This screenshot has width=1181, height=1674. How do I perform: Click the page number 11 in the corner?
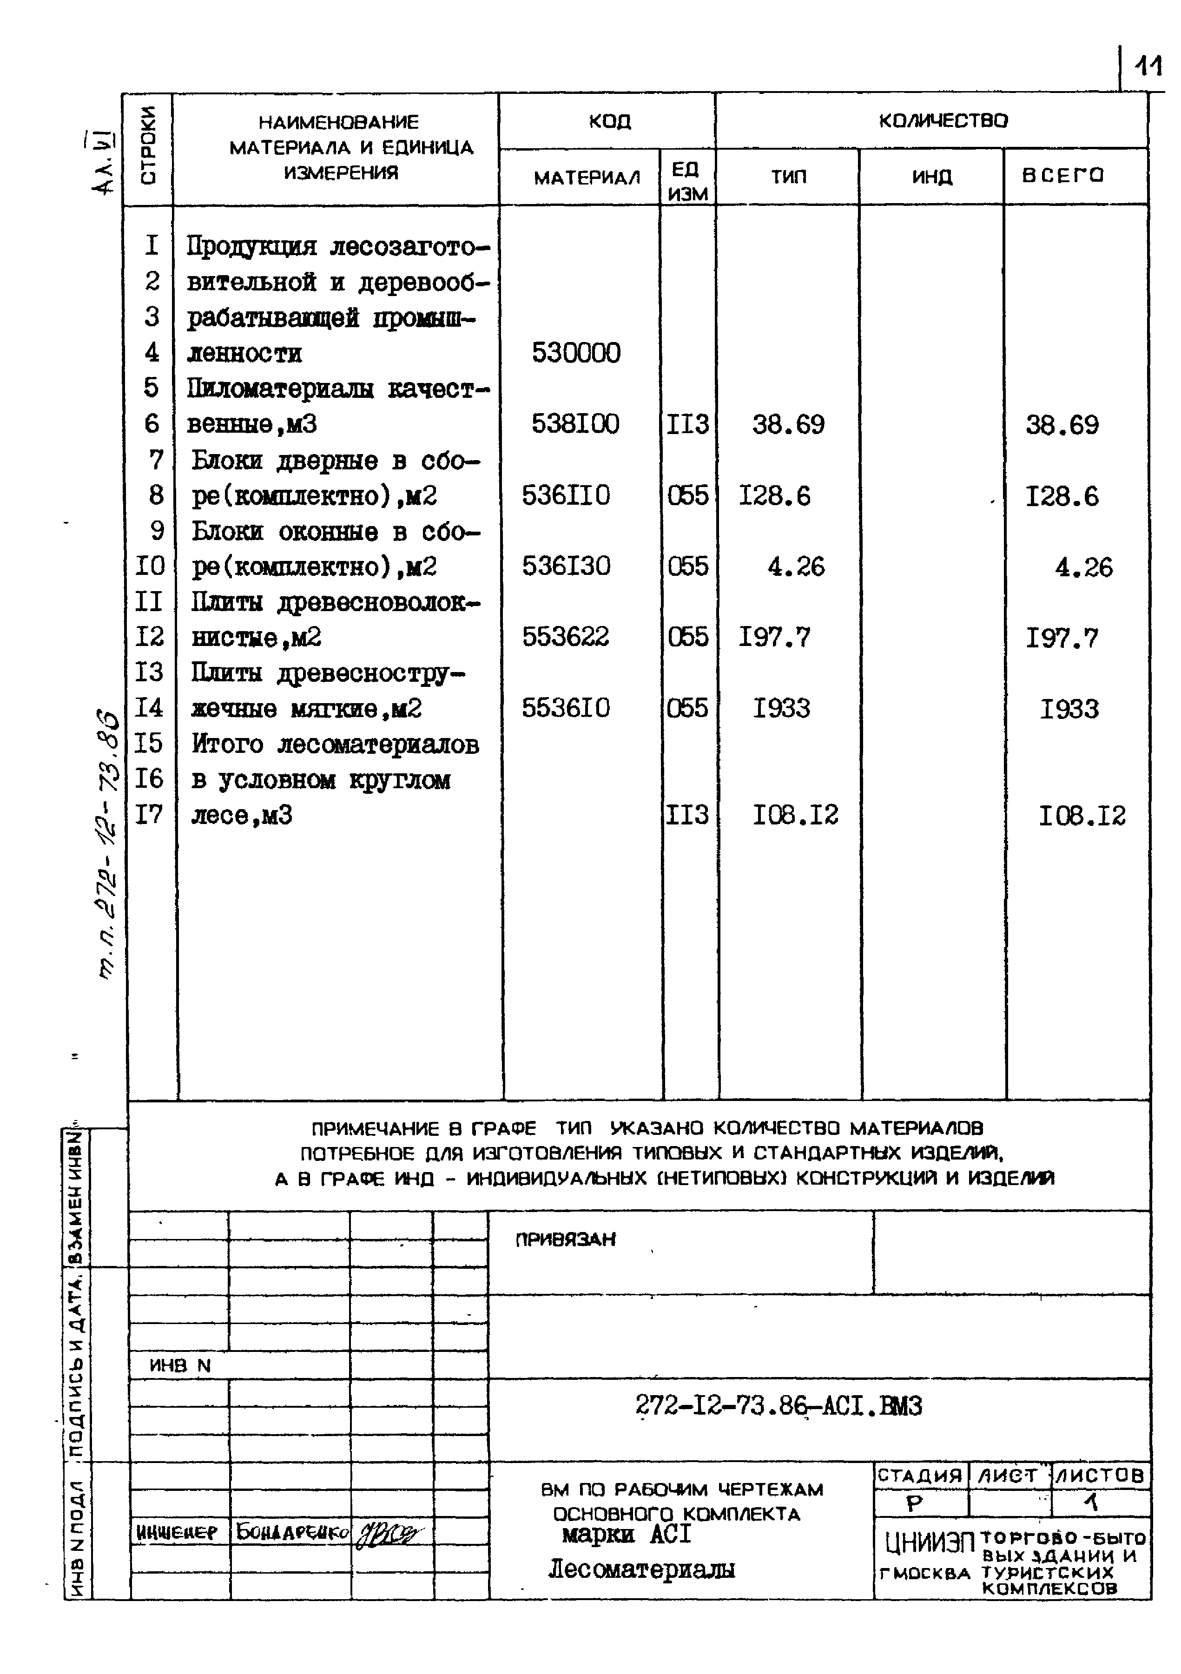(1148, 67)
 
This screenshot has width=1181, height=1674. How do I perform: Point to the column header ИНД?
(932, 177)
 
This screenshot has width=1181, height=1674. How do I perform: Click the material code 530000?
(576, 353)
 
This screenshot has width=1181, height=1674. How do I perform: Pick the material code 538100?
(575, 423)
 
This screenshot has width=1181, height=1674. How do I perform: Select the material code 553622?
(565, 637)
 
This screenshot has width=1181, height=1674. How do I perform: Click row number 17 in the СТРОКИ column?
(150, 814)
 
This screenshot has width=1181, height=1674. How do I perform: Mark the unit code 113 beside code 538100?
(687, 423)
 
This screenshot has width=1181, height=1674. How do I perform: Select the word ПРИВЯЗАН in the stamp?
(566, 1239)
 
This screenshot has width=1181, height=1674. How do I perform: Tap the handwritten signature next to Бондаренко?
(390, 1534)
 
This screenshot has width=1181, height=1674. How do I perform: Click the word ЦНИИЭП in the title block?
(928, 1542)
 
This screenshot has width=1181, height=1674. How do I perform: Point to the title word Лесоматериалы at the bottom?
(641, 1569)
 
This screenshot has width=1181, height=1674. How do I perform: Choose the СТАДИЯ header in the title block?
(920, 1476)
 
